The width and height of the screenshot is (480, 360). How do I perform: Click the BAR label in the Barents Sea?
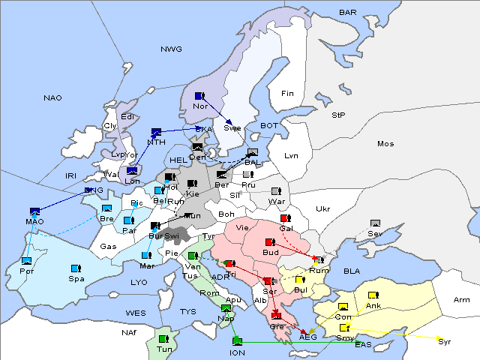point(348,13)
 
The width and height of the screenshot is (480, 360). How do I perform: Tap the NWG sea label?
point(171,49)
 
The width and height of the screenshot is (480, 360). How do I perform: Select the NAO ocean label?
point(52,98)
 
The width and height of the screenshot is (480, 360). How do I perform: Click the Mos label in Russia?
point(385,143)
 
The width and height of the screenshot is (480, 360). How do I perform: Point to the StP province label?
point(339,115)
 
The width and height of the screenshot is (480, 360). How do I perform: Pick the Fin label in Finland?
point(287,94)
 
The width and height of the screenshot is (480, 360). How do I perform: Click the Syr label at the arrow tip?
point(445,341)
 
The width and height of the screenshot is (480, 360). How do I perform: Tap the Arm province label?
point(462,300)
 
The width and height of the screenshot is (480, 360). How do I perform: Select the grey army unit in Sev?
point(376,223)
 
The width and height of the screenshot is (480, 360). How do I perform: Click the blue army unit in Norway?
point(199,96)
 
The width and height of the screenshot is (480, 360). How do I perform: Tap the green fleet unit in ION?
point(237,342)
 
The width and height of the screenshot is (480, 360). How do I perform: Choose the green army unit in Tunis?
point(163,339)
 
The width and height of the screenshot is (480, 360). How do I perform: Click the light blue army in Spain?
point(75,268)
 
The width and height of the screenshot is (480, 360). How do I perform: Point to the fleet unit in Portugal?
point(27,260)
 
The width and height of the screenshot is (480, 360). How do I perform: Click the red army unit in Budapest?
point(270,241)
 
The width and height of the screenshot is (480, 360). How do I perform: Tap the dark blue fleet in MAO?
point(34,211)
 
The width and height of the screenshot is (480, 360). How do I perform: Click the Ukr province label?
point(322,209)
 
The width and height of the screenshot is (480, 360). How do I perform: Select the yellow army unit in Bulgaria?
point(300,280)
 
